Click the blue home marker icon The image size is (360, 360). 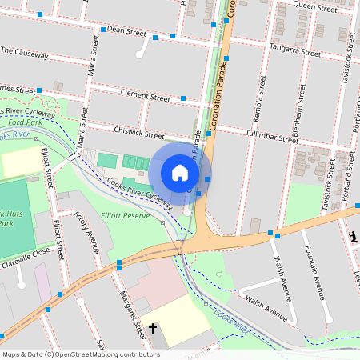point(180,173)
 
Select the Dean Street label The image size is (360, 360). point(126,33)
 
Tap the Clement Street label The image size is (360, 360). point(145,96)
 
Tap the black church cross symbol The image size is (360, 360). point(153,328)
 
